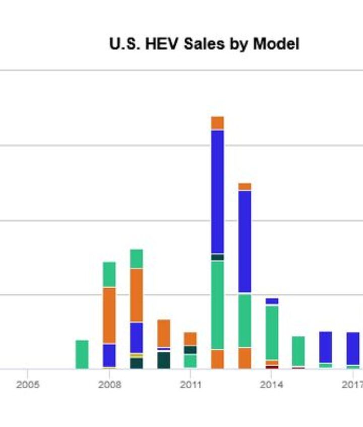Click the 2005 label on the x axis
click(x=27, y=385)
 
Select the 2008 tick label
click(x=109, y=385)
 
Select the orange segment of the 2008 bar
click(x=109, y=315)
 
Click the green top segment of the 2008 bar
click(x=109, y=274)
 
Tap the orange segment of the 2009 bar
click(x=136, y=295)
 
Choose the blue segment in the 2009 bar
click(x=136, y=337)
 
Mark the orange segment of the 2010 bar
click(x=163, y=333)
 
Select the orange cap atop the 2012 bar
click(x=217, y=122)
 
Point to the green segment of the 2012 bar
click(x=217, y=304)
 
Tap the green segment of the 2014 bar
click(x=272, y=332)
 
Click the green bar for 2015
click(x=298, y=351)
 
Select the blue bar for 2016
click(x=326, y=347)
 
